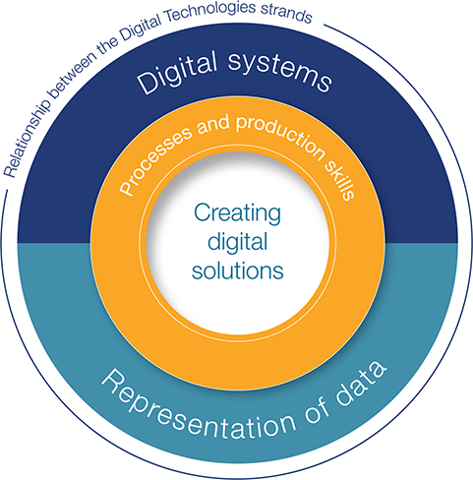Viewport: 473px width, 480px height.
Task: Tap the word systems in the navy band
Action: pos(280,71)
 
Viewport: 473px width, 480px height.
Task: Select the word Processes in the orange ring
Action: pos(154,160)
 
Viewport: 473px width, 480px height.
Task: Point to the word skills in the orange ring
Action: pos(340,179)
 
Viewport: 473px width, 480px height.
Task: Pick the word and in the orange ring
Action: pos(213,124)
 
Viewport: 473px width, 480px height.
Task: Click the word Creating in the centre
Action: pos(237,213)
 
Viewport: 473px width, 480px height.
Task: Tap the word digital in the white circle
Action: pos(238,242)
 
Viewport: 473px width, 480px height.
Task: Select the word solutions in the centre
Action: pos(238,270)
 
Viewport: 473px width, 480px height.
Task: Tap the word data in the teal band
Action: pos(361,380)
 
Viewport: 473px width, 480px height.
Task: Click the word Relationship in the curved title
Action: pos(28,138)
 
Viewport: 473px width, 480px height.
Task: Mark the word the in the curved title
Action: pos(107,48)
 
